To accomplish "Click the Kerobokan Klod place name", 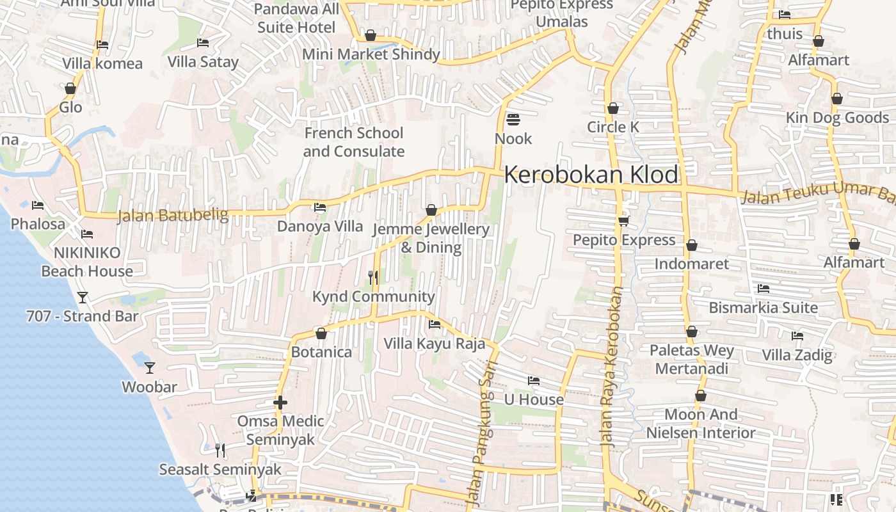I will tap(591, 175).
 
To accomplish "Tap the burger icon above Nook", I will tap(513, 120).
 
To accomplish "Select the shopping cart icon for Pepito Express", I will tap(623, 221).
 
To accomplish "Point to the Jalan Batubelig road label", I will tap(173, 216).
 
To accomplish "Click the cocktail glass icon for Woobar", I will tap(150, 368).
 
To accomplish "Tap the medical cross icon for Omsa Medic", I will tap(280, 403).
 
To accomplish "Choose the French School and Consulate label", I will tap(353, 142).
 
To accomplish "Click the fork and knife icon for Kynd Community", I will tap(373, 277).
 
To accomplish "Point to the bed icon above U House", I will tap(534, 381).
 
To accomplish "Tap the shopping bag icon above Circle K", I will tap(613, 108).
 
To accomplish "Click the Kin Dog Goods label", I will tap(837, 118).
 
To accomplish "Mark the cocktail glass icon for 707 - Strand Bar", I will tap(83, 297).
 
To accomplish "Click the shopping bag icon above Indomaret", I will tap(692, 245).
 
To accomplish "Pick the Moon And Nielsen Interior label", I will tap(701, 424).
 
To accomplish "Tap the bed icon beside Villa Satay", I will tap(203, 43).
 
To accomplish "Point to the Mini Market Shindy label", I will tap(371, 54).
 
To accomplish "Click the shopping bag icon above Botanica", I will tap(321, 333).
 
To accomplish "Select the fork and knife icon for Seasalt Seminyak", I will tap(220, 451).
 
